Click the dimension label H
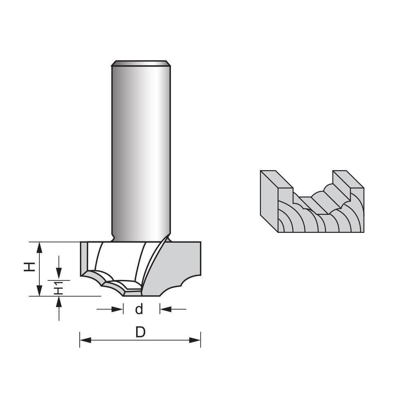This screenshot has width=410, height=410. (x=28, y=267)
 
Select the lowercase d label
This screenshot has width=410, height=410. (x=139, y=310)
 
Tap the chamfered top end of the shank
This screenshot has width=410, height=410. (x=141, y=63)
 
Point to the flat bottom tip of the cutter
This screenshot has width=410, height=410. (x=132, y=294)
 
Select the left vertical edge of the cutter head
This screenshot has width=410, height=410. (x=80, y=258)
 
